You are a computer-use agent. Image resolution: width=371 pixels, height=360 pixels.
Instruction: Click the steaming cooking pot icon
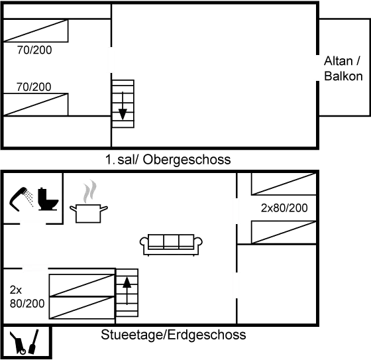tap(89, 206)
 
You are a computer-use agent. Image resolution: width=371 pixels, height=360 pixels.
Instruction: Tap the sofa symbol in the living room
tap(171, 243)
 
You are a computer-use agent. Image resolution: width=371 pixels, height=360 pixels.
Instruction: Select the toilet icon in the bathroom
tap(48, 198)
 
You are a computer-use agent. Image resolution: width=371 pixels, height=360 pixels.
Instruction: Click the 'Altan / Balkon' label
tap(343, 69)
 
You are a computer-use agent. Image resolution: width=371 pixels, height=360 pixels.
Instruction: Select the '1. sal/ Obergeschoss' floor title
tap(168, 160)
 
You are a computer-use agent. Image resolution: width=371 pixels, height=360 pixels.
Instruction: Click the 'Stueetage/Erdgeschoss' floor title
tap(174, 334)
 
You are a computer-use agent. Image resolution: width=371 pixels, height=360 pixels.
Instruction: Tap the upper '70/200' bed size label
tap(34, 50)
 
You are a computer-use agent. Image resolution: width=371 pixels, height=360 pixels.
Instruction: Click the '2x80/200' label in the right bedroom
tap(284, 208)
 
